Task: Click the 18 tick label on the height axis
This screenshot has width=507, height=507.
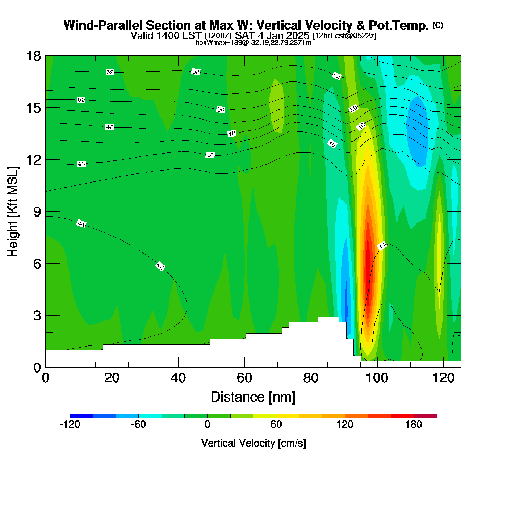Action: click(x=33, y=56)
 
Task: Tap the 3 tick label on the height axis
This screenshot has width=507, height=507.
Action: click(x=37, y=316)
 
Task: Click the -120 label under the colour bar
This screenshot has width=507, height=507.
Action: click(x=70, y=424)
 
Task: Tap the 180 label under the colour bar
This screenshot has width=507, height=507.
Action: click(x=414, y=424)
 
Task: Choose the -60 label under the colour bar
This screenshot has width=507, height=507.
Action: click(x=138, y=424)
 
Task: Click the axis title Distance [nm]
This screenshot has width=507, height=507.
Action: click(x=253, y=397)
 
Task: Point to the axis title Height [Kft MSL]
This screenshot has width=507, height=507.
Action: click(x=13, y=212)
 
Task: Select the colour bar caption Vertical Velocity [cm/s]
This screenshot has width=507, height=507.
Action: click(x=253, y=443)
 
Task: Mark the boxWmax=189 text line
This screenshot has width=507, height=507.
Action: click(x=253, y=43)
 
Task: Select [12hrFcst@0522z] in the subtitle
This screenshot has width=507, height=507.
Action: click(x=344, y=36)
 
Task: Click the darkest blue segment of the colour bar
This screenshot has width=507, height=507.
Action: click(x=81, y=416)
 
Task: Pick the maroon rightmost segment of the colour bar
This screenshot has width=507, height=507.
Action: click(x=425, y=416)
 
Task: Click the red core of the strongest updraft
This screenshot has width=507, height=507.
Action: click(x=368, y=261)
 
